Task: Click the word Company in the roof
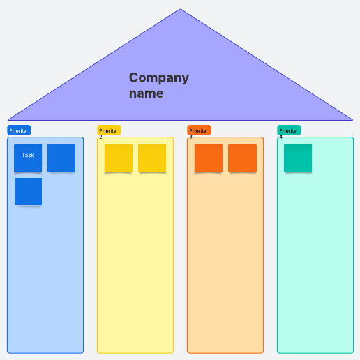[x=159, y=78]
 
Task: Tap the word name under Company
[x=147, y=93]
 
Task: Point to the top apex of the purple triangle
[x=180, y=9]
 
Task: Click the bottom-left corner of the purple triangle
[x=8, y=120]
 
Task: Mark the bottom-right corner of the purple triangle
[x=352, y=120]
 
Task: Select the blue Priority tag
[x=19, y=130]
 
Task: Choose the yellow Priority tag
[x=109, y=130]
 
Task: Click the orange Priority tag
[x=199, y=130]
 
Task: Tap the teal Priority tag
[x=289, y=130]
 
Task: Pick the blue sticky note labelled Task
[x=28, y=158]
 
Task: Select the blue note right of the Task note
[x=61, y=158]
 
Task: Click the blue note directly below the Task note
[x=28, y=192]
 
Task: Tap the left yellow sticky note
[x=119, y=158]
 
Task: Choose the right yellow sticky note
[x=152, y=158]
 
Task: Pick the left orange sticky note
[x=209, y=158]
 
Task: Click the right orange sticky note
[x=242, y=158]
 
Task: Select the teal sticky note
[x=298, y=158]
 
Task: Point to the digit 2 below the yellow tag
[x=100, y=137]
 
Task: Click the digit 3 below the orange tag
[x=191, y=137]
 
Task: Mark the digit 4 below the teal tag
[x=281, y=137]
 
